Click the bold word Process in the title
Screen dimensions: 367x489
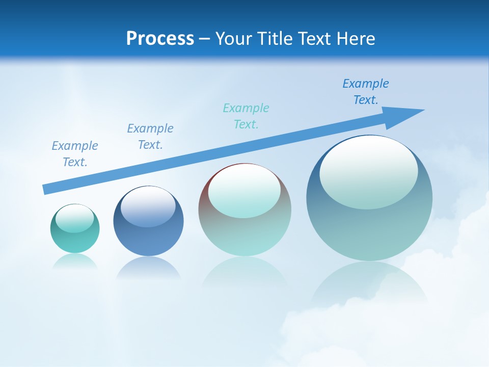160,39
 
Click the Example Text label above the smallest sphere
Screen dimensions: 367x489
75,154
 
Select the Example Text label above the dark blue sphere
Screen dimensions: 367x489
150,137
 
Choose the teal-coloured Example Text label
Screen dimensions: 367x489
246,116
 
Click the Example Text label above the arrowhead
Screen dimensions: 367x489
366,92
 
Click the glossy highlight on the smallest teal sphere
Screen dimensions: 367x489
75,219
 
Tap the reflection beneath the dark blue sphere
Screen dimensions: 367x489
148,269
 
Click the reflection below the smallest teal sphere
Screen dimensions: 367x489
75,261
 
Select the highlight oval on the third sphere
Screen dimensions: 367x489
244,191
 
